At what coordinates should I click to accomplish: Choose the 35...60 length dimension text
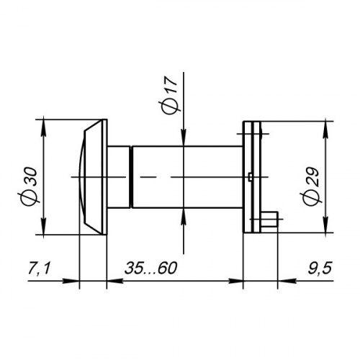point(151,269)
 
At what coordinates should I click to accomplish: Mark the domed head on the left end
point(92,177)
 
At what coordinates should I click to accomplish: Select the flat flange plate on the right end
point(250,177)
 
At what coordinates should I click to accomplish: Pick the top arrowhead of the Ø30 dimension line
point(45,127)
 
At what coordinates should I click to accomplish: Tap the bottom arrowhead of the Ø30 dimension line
point(45,227)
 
